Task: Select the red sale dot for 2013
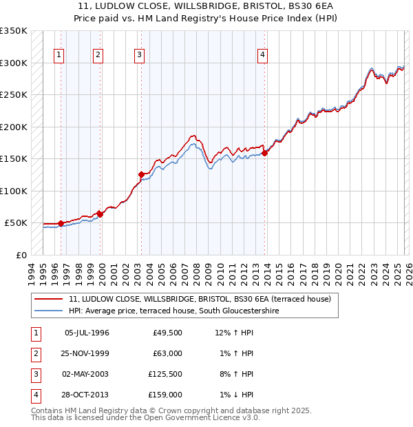(x=265, y=153)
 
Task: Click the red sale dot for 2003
(x=141, y=174)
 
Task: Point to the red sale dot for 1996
(x=61, y=223)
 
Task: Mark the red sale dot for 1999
(x=100, y=214)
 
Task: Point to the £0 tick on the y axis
(x=21, y=255)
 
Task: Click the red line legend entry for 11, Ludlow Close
(x=200, y=299)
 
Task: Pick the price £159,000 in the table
(x=166, y=395)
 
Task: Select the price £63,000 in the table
(x=168, y=354)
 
